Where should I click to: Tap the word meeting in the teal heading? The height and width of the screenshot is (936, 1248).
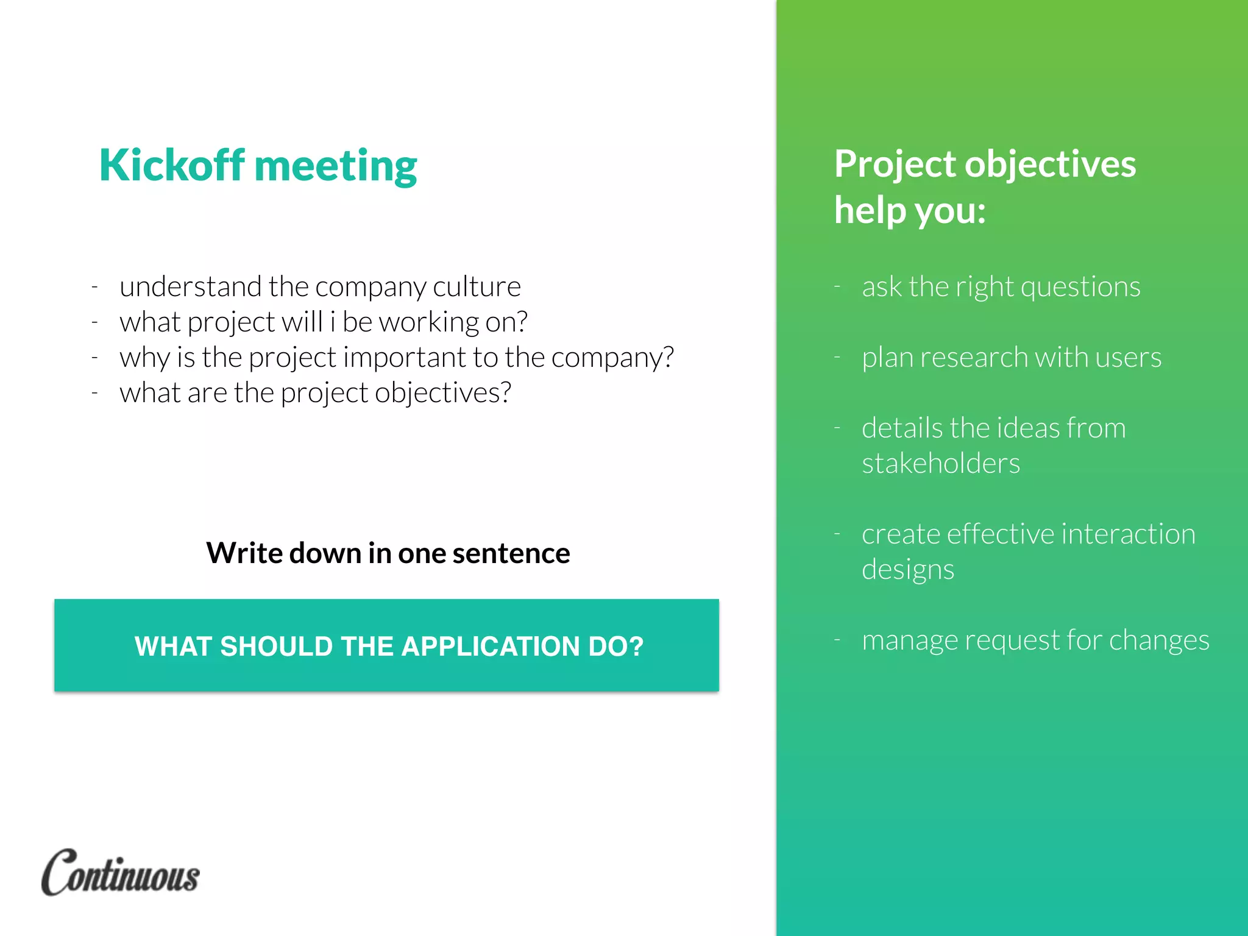[x=336, y=166]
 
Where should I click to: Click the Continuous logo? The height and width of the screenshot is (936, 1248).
[x=121, y=873]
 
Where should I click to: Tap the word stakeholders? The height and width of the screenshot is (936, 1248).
[x=941, y=463]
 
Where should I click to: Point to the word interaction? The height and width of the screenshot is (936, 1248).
[x=1128, y=534]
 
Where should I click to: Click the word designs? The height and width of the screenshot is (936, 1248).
[x=908, y=569]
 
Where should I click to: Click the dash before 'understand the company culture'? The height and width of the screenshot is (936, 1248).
[x=95, y=286]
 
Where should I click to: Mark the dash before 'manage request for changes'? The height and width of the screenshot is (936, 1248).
[x=837, y=640]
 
